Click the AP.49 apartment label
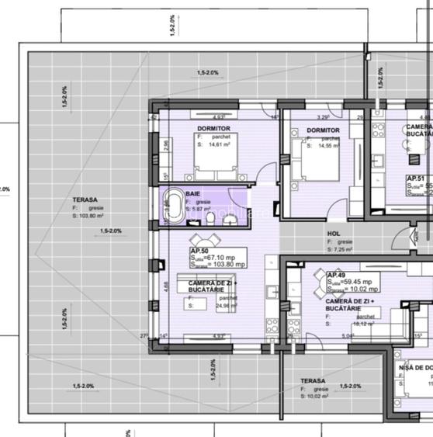pyautogui.click(x=335, y=275)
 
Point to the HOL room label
pyautogui.click(x=334, y=233)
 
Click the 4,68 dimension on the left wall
pyautogui.click(x=165, y=285)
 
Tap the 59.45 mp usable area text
pyautogui.click(x=358, y=282)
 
